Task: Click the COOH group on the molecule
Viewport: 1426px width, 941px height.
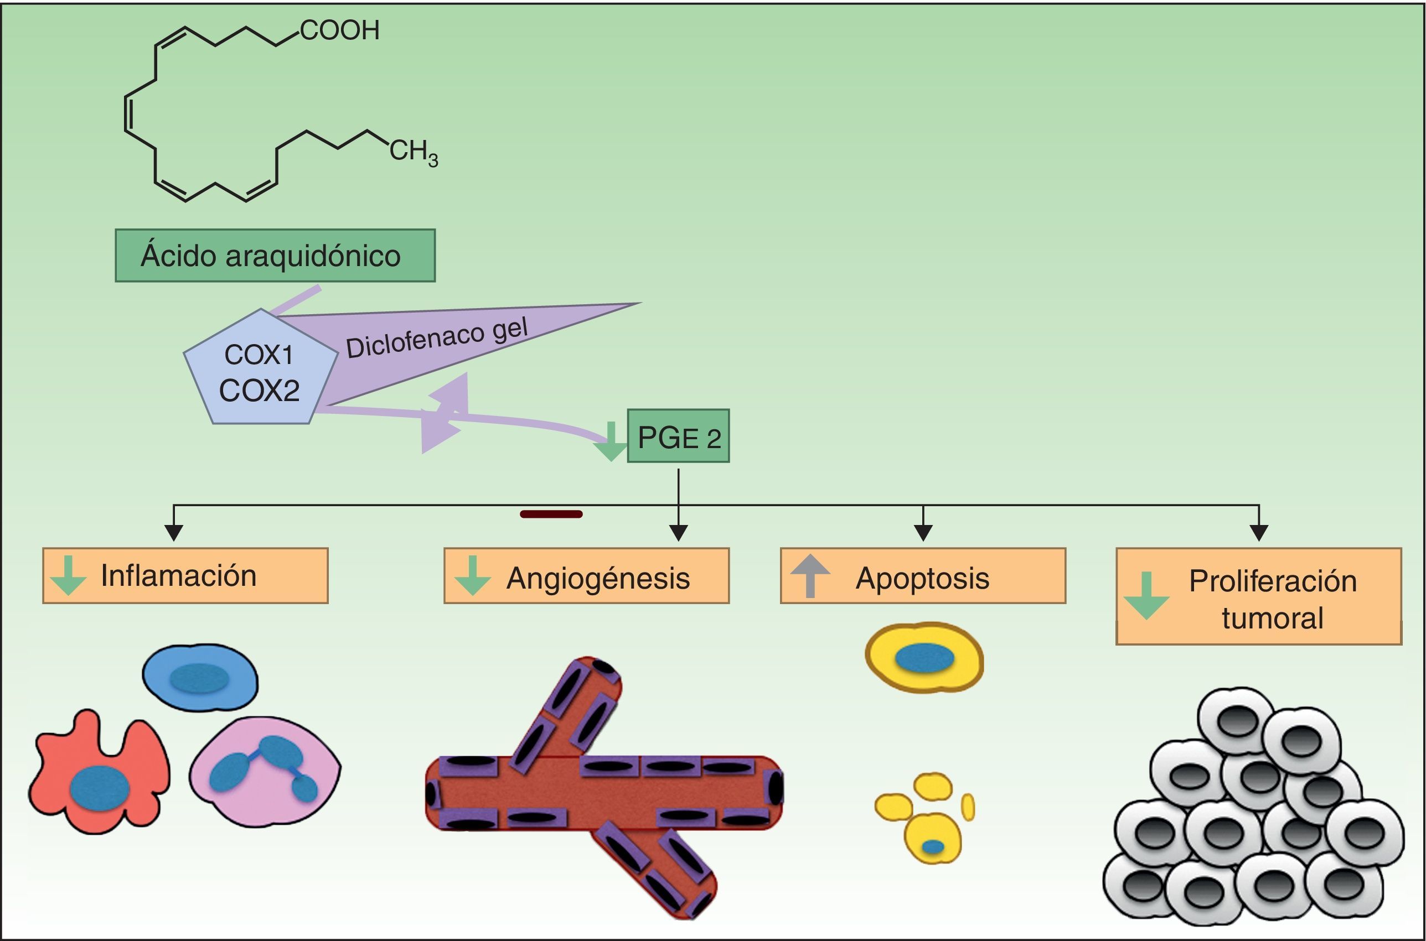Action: click(x=340, y=30)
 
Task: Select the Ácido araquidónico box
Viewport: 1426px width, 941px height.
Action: click(x=275, y=255)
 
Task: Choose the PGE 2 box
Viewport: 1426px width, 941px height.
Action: click(x=679, y=436)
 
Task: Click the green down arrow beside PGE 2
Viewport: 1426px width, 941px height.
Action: click(x=611, y=441)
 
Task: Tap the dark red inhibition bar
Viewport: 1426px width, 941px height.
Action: click(x=551, y=514)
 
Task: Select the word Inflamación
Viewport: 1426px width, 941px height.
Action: click(x=179, y=575)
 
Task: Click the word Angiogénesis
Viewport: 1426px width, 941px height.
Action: click(x=598, y=579)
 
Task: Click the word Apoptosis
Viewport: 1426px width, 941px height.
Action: click(x=923, y=579)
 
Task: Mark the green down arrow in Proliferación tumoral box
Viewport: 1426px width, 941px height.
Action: click(x=1146, y=596)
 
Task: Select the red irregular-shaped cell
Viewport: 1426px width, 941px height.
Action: click(x=99, y=772)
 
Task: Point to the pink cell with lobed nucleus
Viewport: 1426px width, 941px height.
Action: click(x=265, y=773)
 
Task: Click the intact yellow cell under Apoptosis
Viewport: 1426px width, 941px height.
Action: click(x=924, y=658)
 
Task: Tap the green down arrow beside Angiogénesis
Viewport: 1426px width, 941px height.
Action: click(x=473, y=575)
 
